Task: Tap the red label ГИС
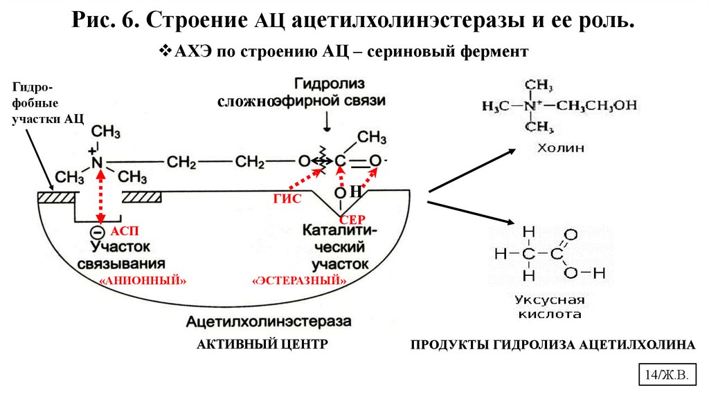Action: (287, 199)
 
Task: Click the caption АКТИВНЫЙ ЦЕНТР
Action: (261, 344)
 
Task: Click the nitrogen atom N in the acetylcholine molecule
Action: (98, 163)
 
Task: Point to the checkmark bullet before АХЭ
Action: (165, 51)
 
